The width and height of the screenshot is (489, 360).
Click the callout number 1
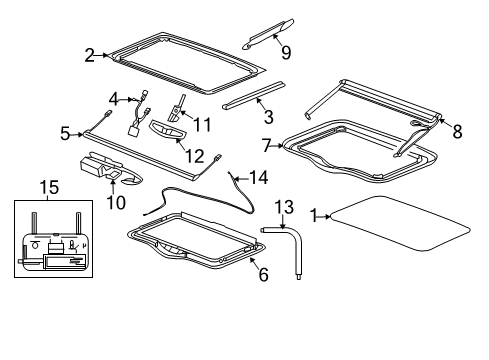tap(315, 214)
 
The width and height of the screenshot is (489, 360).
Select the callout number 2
tap(89, 56)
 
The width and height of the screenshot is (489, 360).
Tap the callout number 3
tap(268, 116)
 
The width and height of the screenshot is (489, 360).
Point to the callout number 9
tap(286, 52)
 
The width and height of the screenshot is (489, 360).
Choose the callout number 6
tap(263, 273)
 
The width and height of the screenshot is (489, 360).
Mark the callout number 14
tap(260, 178)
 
